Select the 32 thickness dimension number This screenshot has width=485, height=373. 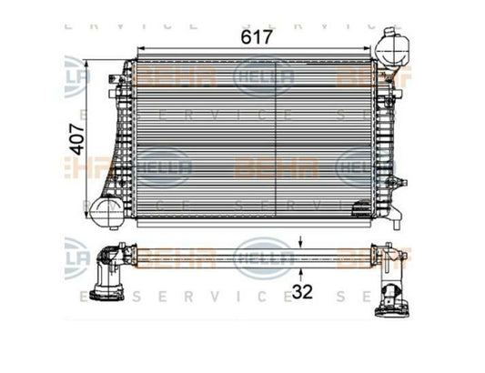point(302,293)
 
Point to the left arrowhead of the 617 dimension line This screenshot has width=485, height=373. point(138,51)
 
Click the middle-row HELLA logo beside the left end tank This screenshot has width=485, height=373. point(164,167)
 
